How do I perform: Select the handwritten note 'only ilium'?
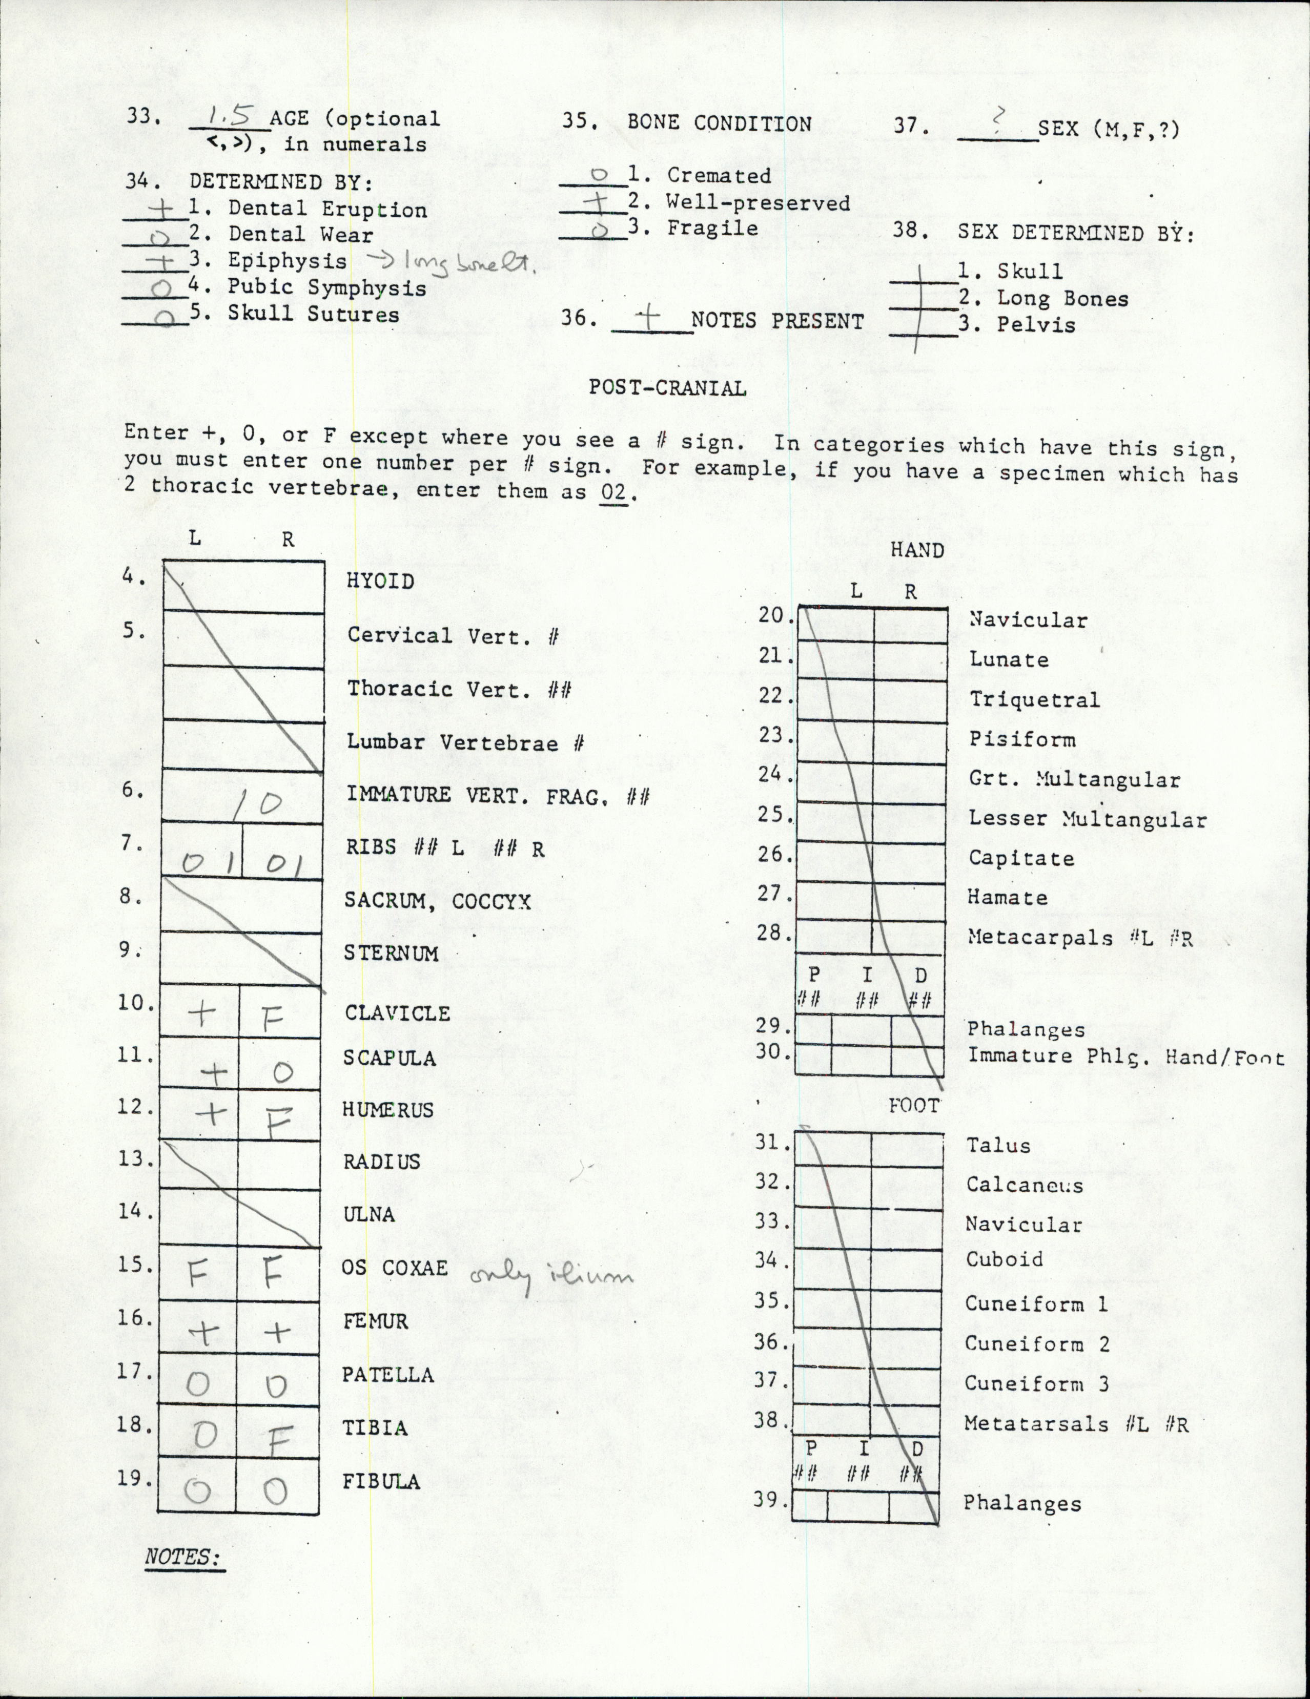pyautogui.click(x=551, y=1275)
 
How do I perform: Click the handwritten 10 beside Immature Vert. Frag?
pyautogui.click(x=258, y=803)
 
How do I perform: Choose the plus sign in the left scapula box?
pyautogui.click(x=216, y=1074)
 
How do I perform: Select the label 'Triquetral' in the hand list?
pyautogui.click(x=1034, y=699)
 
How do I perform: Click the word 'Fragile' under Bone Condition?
pyautogui.click(x=712, y=229)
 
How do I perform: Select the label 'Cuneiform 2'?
pyautogui.click(x=1037, y=1343)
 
